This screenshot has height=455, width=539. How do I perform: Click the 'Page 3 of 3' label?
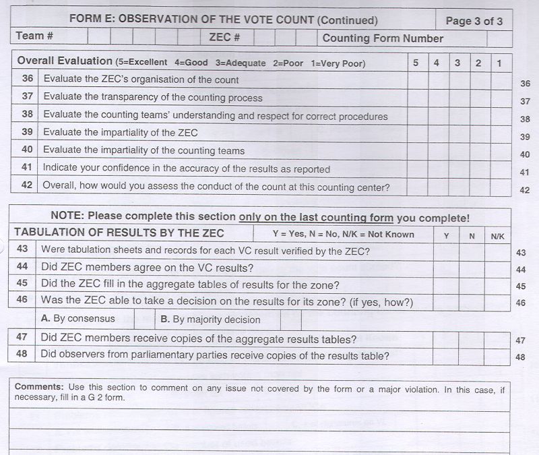(474, 21)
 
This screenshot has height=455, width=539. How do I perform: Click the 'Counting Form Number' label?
(383, 38)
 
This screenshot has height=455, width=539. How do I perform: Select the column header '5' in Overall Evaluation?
(416, 63)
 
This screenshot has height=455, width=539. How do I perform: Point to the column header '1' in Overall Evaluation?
(499, 63)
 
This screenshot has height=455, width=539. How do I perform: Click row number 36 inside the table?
(27, 80)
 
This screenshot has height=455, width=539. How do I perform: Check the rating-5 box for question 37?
(416, 98)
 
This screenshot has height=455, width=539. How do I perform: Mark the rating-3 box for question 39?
(457, 133)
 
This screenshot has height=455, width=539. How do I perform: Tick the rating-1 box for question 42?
(499, 187)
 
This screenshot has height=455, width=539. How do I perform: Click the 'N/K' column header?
(497, 235)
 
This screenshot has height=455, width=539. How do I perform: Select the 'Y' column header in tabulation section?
(446, 235)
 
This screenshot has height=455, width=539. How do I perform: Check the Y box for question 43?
(446, 251)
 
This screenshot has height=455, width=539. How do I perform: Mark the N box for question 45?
(471, 284)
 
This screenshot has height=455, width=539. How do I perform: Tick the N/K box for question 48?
(497, 355)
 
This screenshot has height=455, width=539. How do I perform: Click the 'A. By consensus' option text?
(78, 319)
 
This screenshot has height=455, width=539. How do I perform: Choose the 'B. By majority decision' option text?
(210, 320)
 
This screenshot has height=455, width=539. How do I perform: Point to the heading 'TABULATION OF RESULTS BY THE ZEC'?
(119, 233)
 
